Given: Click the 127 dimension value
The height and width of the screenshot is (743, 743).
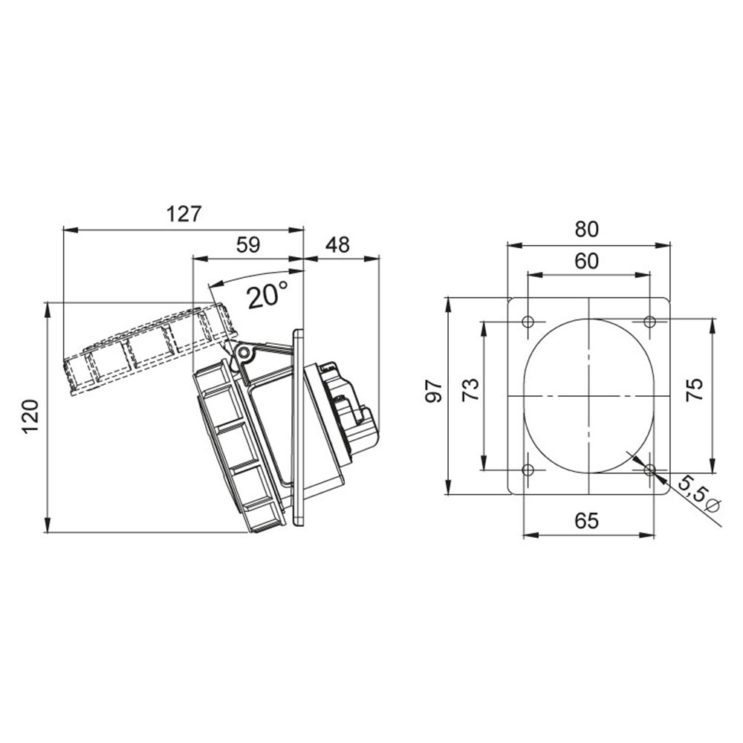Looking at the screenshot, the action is click(x=184, y=214).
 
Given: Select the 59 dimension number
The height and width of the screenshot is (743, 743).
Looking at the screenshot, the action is click(x=248, y=244).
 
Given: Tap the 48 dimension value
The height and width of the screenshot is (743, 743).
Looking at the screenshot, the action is click(x=338, y=244).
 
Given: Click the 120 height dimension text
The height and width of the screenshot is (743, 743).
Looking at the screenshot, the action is click(x=30, y=416).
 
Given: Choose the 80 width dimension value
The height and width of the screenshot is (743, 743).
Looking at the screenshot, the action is click(x=587, y=229).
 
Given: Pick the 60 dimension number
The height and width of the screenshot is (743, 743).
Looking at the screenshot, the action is click(x=587, y=261).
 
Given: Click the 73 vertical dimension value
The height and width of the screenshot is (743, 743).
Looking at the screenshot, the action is click(x=471, y=391).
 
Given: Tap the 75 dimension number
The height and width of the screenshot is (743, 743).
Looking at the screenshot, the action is click(x=695, y=391).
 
